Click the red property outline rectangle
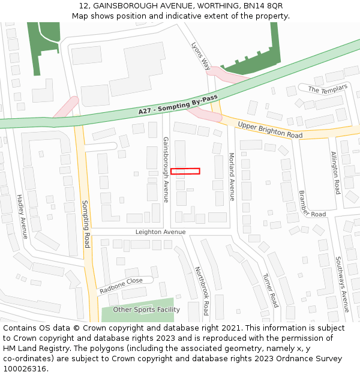click(185, 171)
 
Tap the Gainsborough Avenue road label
click(166, 170)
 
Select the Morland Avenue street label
click(232, 176)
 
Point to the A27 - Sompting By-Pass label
click(178, 104)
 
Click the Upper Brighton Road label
click(269, 130)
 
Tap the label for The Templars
click(328, 89)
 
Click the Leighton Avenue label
click(160, 232)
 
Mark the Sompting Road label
click(86, 224)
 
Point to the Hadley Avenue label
click(23, 216)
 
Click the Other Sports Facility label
click(146, 310)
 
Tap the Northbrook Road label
click(200, 291)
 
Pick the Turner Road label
click(271, 290)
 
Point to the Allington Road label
click(335, 172)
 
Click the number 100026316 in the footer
click(25, 369)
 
